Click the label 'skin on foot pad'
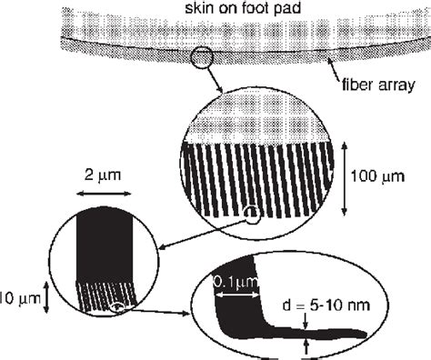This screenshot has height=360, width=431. pyautogui.click(x=215, y=8)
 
